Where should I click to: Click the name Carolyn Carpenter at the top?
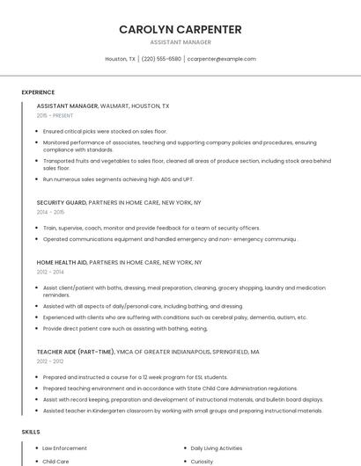pyautogui.click(x=180, y=29)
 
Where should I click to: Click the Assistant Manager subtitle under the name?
pyautogui.click(x=180, y=42)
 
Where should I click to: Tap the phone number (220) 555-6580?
pyautogui.click(x=161, y=59)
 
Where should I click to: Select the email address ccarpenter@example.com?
pyautogui.click(x=221, y=59)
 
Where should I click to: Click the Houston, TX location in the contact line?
pyautogui.click(x=121, y=59)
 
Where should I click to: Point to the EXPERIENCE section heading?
pyautogui.click(x=38, y=92)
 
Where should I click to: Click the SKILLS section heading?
pyautogui.click(x=31, y=432)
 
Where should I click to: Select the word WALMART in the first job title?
pyautogui.click(x=114, y=106)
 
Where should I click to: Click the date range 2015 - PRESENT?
pyautogui.click(x=55, y=115)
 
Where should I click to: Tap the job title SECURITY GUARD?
pyautogui.click(x=61, y=202)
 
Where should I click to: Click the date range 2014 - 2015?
pyautogui.click(x=50, y=212)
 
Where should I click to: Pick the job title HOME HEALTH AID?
pyautogui.click(x=62, y=262)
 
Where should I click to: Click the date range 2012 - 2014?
pyautogui.click(x=50, y=272)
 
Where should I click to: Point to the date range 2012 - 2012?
pyautogui.click(x=50, y=361)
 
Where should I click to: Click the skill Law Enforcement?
pyautogui.click(x=64, y=448)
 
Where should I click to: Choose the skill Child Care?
pyautogui.click(x=55, y=461)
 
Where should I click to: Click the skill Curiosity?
pyautogui.click(x=203, y=461)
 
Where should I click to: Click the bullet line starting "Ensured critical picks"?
pyautogui.click(x=104, y=131)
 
